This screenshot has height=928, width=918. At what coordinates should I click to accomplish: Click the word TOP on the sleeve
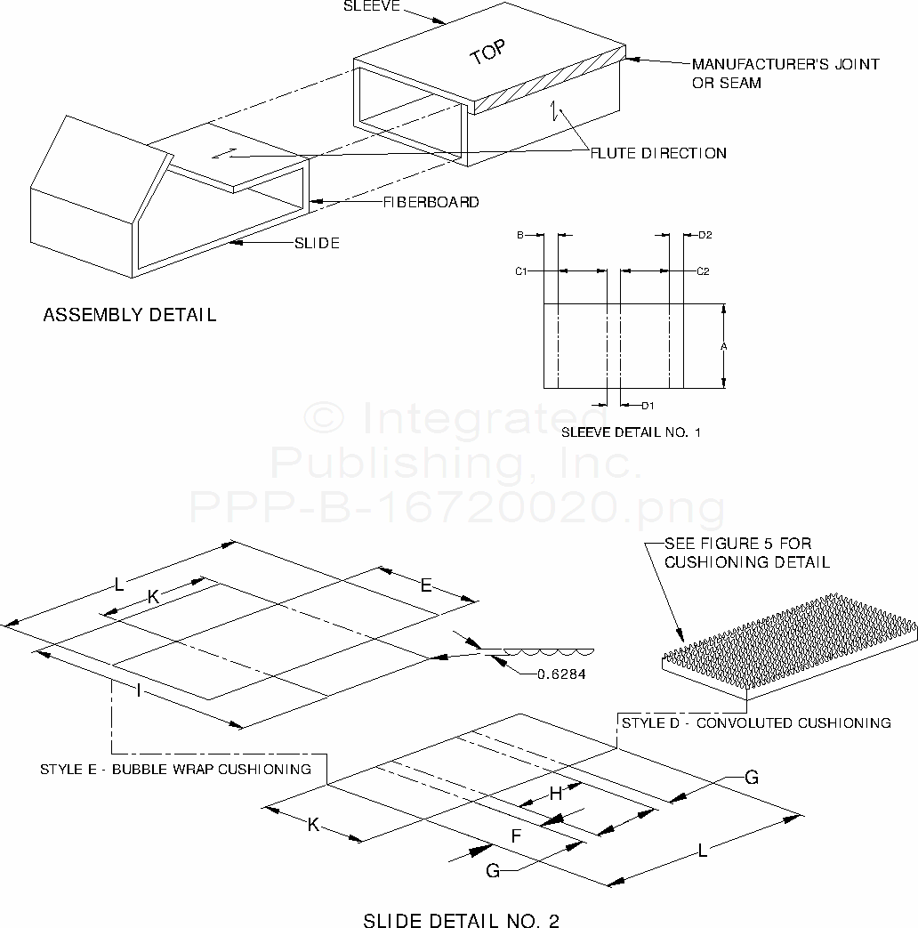coord(487,54)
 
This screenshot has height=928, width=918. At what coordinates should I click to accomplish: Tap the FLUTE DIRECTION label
coord(659,153)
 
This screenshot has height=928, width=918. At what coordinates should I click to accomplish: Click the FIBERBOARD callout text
coord(431,202)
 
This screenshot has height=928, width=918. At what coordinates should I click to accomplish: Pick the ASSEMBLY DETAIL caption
coord(130,315)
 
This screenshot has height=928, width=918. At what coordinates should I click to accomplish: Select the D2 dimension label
coord(705,236)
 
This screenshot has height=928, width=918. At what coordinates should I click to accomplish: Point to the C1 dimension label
coord(522,270)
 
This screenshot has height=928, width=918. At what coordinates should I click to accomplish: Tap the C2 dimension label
coord(703,270)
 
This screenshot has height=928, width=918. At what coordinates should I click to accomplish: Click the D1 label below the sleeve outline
coord(648,407)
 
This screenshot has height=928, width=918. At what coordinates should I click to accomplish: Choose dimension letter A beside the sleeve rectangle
coord(724,346)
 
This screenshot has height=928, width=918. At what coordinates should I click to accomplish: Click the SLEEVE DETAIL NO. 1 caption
coord(632,433)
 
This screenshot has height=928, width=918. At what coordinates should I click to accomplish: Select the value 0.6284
coord(561,674)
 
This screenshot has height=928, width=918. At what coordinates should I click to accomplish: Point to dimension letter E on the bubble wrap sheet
coord(426,585)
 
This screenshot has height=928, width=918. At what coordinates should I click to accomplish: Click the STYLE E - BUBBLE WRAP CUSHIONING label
coord(175,769)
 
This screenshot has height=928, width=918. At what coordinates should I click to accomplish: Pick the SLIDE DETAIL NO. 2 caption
coord(461,920)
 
